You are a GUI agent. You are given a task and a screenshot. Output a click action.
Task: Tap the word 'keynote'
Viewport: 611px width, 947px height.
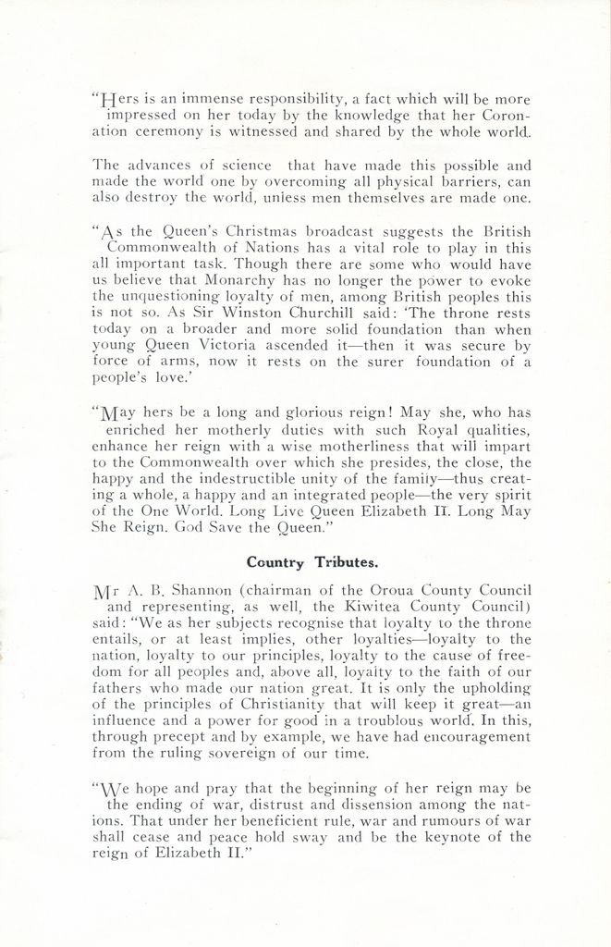tap(447, 838)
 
